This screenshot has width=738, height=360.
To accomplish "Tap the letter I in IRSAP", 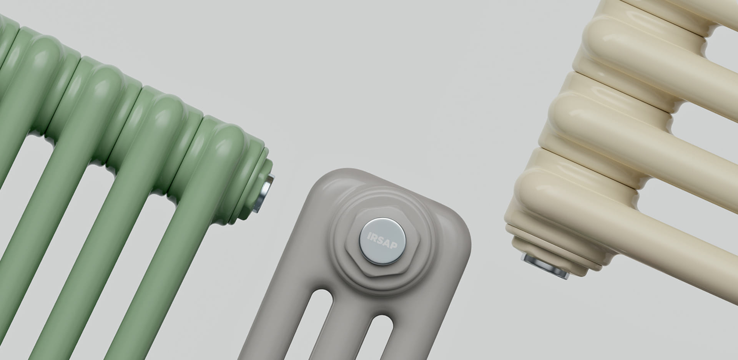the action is pos(369,235).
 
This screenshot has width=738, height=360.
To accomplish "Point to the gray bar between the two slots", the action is pos(344,327).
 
